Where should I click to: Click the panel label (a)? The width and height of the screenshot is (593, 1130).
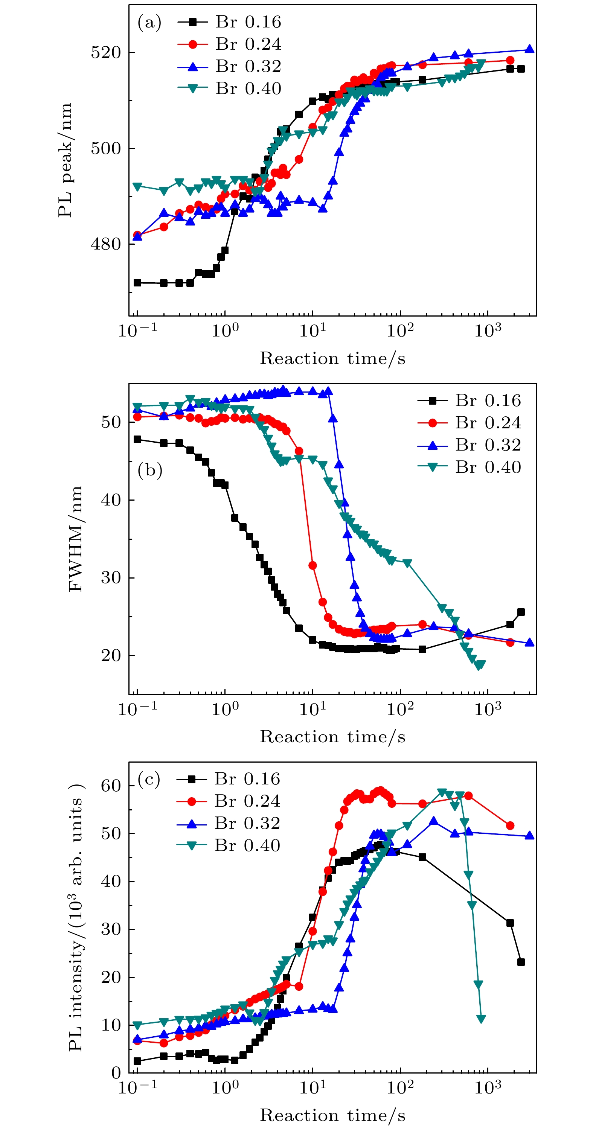click(x=149, y=22)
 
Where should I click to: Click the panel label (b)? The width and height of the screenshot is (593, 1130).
click(x=150, y=470)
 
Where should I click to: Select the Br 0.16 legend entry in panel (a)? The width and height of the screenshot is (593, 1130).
click(x=229, y=22)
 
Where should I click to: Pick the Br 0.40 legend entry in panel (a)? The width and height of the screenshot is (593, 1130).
click(x=229, y=88)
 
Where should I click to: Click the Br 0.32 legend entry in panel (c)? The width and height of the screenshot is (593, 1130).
click(x=228, y=823)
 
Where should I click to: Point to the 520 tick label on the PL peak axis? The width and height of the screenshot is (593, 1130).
click(x=105, y=53)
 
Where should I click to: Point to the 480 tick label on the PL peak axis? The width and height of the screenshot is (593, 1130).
click(x=105, y=244)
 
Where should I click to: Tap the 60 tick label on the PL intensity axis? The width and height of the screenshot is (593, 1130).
click(x=111, y=786)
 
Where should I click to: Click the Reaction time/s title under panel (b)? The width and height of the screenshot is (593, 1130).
click(x=332, y=737)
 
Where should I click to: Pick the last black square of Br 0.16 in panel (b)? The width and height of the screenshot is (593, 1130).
click(x=521, y=612)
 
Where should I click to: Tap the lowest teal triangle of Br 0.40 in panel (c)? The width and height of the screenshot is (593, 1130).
click(x=481, y=1019)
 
